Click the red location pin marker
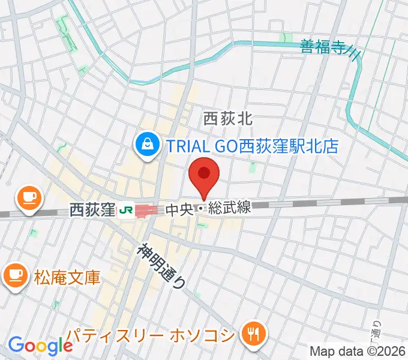coord(204,175)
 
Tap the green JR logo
coord(126,210)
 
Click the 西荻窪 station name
coord(92,210)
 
